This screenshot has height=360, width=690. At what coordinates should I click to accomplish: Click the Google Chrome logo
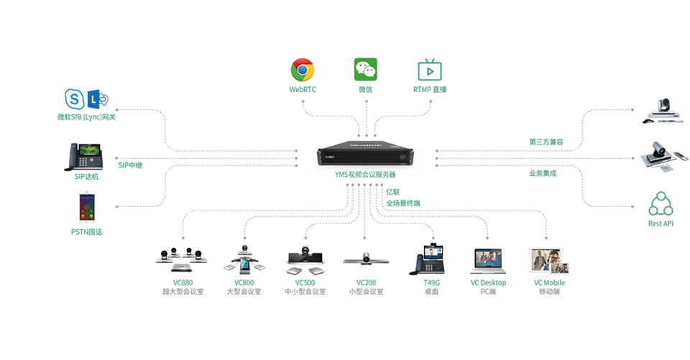click(x=303, y=70)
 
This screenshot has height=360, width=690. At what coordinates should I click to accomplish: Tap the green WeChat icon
click(x=366, y=70)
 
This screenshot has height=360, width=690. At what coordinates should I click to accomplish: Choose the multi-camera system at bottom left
click(x=179, y=261)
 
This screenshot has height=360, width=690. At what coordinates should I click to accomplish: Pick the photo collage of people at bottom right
click(x=551, y=260)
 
